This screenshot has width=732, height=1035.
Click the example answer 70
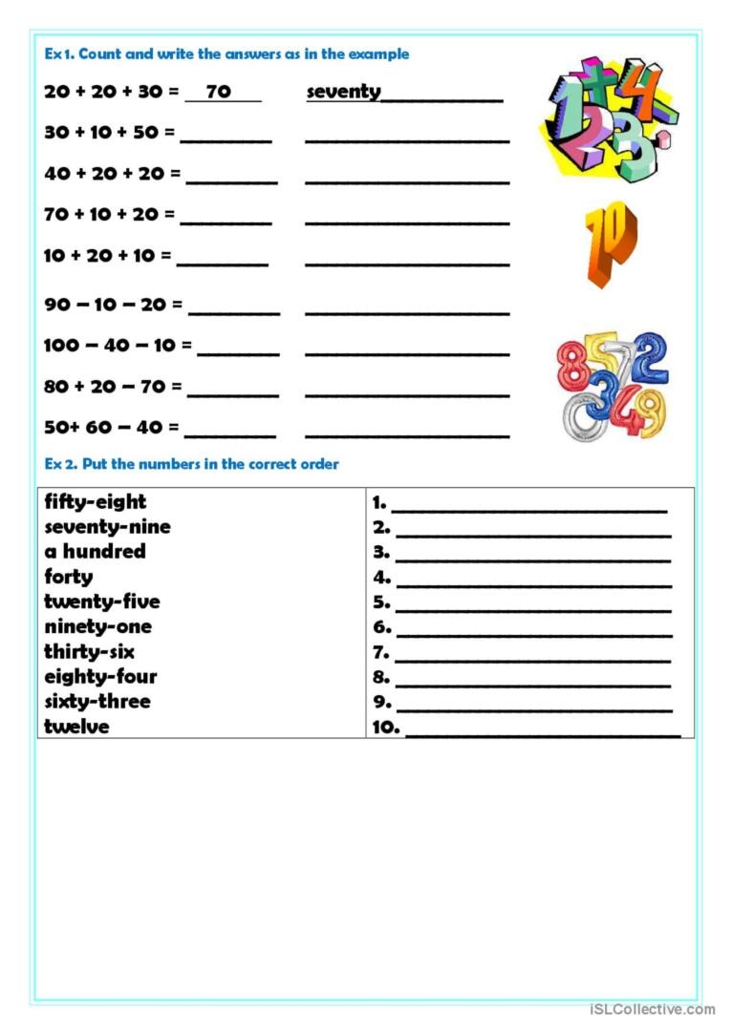(x=219, y=93)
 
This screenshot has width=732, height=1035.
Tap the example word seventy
(x=343, y=93)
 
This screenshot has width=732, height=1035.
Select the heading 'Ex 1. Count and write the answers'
(x=226, y=54)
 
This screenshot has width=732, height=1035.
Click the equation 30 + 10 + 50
(x=101, y=133)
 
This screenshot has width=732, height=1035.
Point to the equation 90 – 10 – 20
(x=106, y=305)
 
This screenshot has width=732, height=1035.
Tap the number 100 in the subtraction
(x=61, y=346)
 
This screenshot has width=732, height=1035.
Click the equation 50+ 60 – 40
(x=104, y=428)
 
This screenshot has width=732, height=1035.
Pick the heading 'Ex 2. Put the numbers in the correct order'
(x=191, y=465)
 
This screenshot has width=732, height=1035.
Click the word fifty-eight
(x=96, y=502)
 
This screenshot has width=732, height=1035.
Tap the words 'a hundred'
(x=95, y=552)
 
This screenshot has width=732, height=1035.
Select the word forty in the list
(x=69, y=577)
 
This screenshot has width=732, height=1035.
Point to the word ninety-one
(x=97, y=626)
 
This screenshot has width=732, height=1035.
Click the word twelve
(x=76, y=727)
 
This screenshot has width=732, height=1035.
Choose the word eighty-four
(x=100, y=677)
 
